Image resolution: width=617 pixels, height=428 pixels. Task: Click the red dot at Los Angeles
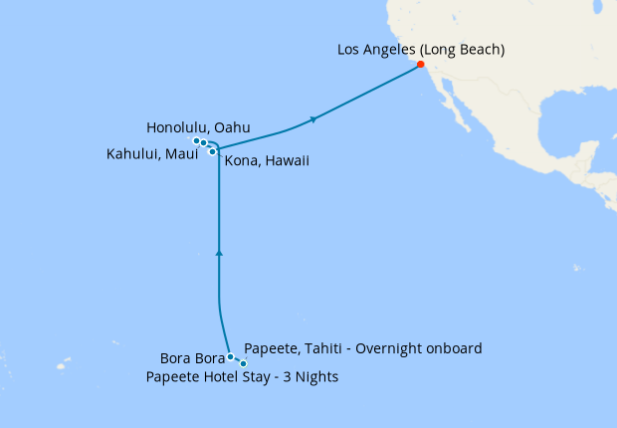click(x=421, y=65)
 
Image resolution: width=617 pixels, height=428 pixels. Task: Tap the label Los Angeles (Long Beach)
click(x=421, y=49)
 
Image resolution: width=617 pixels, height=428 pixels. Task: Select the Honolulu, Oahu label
click(x=198, y=127)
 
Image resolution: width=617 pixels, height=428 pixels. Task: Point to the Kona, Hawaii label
click(x=267, y=160)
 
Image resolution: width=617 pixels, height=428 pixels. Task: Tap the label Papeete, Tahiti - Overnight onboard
click(x=362, y=348)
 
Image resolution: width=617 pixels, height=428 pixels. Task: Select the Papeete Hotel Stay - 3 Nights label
click(x=242, y=376)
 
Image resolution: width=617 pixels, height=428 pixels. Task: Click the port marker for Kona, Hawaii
click(x=213, y=151)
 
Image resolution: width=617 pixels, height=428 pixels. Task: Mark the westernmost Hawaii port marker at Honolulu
click(x=196, y=141)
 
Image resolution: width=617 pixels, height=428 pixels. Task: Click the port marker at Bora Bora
click(x=230, y=356)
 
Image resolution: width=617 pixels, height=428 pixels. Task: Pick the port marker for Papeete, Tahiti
click(x=243, y=363)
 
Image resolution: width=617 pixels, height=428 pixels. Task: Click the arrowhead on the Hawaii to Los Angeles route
click(x=314, y=119)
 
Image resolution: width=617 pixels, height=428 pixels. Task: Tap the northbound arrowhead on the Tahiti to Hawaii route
click(x=219, y=254)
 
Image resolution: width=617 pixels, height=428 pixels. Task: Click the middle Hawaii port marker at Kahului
click(x=204, y=143)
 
